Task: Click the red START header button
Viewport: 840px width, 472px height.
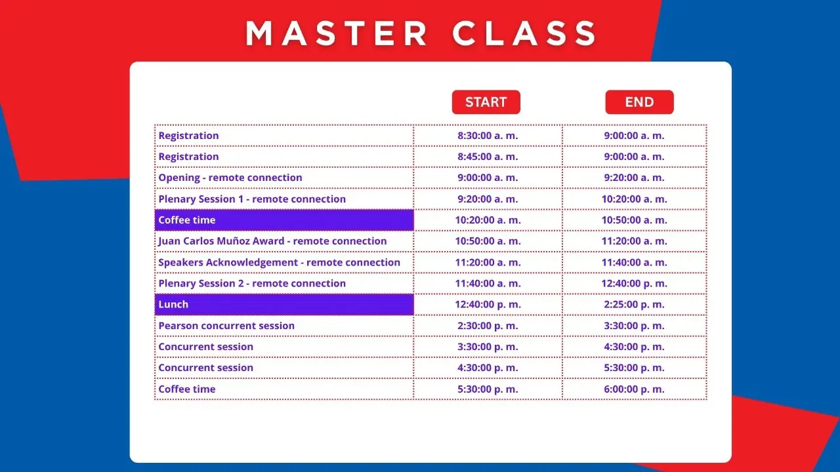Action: [x=486, y=102]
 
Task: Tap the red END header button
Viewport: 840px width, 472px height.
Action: [x=639, y=102]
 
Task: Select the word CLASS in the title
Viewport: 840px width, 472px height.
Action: [x=524, y=33]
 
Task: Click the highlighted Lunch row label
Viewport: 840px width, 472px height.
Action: [x=173, y=304]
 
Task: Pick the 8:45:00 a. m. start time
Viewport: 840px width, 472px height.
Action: [x=488, y=157]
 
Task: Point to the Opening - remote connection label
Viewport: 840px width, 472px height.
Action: [x=230, y=178]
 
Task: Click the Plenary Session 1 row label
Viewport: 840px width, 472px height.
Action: [x=252, y=199]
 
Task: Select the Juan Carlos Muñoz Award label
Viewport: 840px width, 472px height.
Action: [x=272, y=241]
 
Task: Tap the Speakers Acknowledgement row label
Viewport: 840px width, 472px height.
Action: [x=280, y=262]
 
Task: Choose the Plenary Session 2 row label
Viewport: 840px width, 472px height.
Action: [x=252, y=283]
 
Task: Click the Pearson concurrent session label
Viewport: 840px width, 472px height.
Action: [x=226, y=326]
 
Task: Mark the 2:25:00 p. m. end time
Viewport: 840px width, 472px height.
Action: [x=634, y=304]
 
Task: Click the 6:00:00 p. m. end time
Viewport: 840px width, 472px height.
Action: [x=634, y=389]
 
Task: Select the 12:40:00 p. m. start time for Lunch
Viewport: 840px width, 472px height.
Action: [x=488, y=304]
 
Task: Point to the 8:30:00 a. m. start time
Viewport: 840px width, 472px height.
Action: [x=488, y=136]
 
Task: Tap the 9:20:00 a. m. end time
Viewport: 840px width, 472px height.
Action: [x=634, y=178]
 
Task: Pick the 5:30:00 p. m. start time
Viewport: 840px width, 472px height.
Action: [x=488, y=389]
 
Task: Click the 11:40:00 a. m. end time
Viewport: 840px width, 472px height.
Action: [x=634, y=262]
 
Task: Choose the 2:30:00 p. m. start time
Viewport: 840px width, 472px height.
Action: [x=488, y=326]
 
